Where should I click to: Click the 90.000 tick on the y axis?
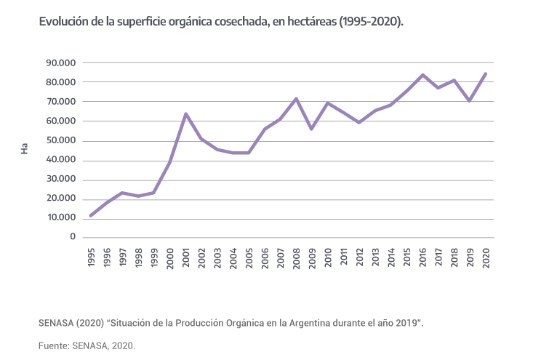point(61,63)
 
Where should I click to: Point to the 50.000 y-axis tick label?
point(61,141)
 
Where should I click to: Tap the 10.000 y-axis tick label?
point(61,218)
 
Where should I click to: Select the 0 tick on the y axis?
point(73,237)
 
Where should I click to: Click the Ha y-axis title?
point(25,150)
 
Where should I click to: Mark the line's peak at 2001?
point(186,113)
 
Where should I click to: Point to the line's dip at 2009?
point(312,129)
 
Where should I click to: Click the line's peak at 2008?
point(296,98)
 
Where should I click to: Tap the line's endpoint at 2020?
point(485,73)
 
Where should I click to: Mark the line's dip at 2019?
point(470,100)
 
